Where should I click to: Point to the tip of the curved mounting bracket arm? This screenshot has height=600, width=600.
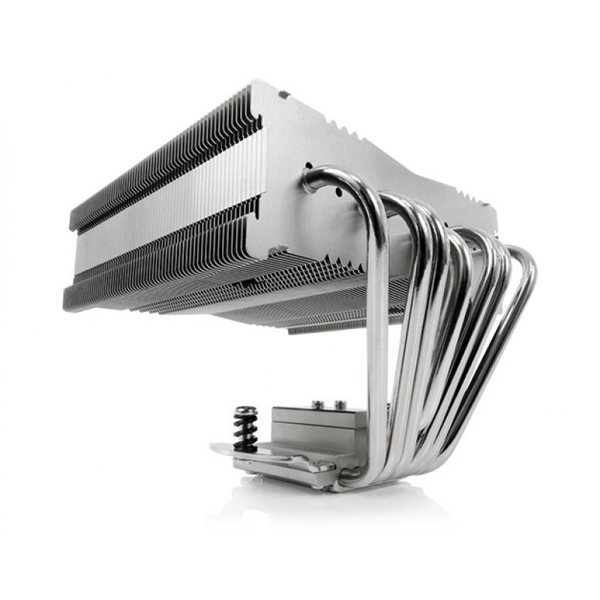pyautogui.click(x=217, y=449)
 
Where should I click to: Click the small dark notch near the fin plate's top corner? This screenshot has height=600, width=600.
pyautogui.click(x=283, y=95)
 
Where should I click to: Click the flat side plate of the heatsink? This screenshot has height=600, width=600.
pyautogui.click(x=345, y=142)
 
